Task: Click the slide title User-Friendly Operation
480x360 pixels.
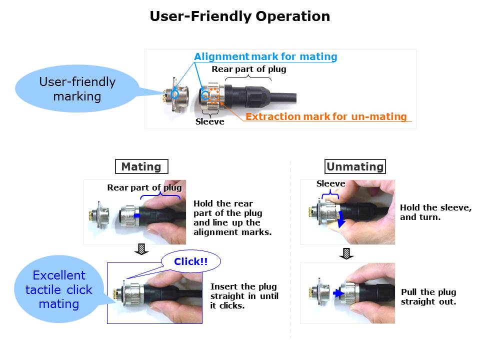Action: pyautogui.click(x=240, y=16)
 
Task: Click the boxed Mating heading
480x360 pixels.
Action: pyautogui.click(x=141, y=166)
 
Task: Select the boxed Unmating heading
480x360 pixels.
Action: pyautogui.click(x=355, y=166)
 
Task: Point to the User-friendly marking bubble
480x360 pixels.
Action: pyautogui.click(x=77, y=88)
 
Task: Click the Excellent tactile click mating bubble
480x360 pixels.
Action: pyautogui.click(x=59, y=289)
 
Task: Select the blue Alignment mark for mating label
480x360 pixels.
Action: pyautogui.click(x=265, y=56)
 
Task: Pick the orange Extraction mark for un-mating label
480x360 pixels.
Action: pyautogui.click(x=326, y=116)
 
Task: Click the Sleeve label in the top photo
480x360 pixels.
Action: pyautogui.click(x=210, y=121)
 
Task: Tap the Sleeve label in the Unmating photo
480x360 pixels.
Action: pyautogui.click(x=331, y=183)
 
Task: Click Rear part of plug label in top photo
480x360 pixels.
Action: pyautogui.click(x=248, y=69)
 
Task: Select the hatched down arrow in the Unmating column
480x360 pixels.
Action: pyautogui.click(x=344, y=253)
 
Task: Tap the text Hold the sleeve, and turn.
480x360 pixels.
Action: pyautogui.click(x=435, y=212)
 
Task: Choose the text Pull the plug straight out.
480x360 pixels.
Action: pyautogui.click(x=428, y=297)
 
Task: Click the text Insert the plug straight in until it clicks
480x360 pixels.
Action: pyautogui.click(x=244, y=296)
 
